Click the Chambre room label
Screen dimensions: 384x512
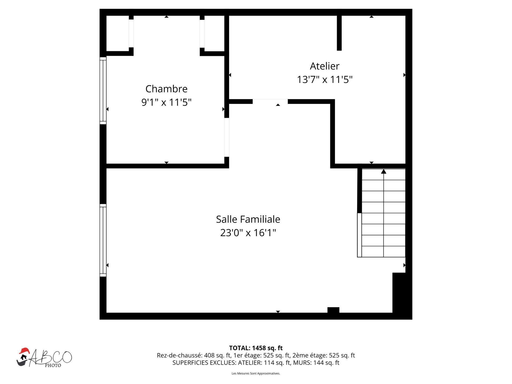[166, 89]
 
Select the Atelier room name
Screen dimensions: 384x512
[324, 66]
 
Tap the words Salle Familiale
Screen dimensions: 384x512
[248, 219]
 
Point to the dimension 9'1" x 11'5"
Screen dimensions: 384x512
[166, 102]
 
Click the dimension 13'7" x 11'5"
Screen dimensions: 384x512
[325, 80]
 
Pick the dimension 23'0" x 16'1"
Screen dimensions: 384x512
[248, 233]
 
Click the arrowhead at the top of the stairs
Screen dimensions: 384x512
[383, 172]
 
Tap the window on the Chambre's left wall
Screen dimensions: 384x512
[103, 90]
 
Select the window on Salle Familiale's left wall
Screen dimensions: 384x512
[103, 240]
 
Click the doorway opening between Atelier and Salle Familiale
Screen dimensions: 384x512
[270, 101]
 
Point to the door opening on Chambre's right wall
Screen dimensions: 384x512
[226, 137]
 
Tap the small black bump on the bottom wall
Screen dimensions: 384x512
[333, 310]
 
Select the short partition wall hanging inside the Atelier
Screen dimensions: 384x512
[339, 33]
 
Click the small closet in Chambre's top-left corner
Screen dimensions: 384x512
[118, 33]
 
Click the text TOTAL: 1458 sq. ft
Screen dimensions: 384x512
[256, 348]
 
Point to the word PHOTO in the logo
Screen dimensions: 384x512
[53, 365]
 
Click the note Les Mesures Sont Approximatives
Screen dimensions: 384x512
[256, 373]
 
